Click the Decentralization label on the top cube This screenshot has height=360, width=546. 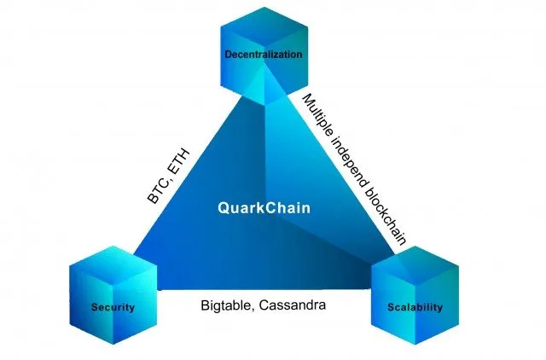tap(264, 55)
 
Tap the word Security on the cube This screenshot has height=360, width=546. tap(113, 307)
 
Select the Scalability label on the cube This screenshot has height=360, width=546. tap(415, 307)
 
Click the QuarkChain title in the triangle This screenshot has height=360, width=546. tap(264, 208)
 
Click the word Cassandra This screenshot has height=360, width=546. tap(293, 305)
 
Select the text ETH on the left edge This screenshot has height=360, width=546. tap(179, 160)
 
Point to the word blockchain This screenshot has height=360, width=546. tap(386, 218)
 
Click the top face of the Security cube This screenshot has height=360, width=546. tap(113, 264)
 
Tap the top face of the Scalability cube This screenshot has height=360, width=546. tap(415, 264)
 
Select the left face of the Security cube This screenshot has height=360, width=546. tap(91, 304)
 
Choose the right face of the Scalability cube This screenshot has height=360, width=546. tap(438, 304)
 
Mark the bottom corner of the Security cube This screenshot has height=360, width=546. tap(113, 344)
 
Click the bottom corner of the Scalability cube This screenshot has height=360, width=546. tap(415, 344)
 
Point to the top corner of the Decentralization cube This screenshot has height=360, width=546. tap(264, 7)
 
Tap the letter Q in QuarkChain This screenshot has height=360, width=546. tap(224, 208)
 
